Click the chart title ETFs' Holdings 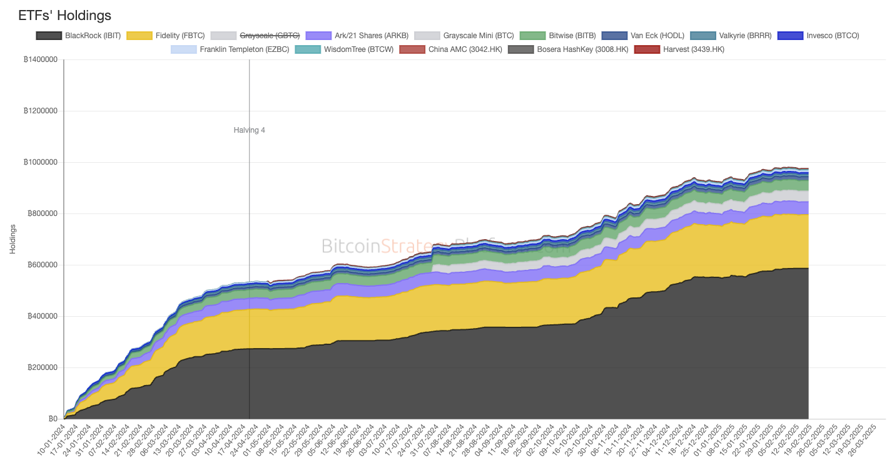tap(65, 15)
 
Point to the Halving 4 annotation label tap(249, 130)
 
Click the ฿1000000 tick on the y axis tap(40, 162)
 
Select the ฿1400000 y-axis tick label tap(40, 59)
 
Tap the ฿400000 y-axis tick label tap(43, 316)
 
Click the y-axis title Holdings tap(13, 239)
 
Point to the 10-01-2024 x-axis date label tap(51, 441)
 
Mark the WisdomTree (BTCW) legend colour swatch tap(307, 49)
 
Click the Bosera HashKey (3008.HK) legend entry tap(582, 49)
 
